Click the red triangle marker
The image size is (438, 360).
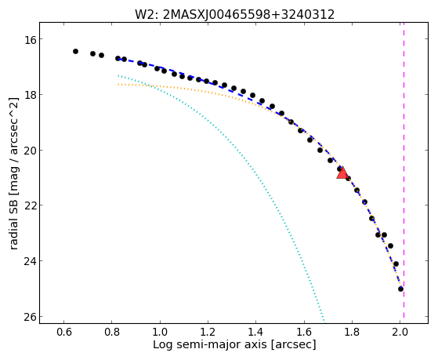click(x=342, y=173)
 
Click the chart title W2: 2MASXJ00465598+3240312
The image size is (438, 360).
click(x=234, y=14)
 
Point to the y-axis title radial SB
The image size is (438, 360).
click(x=14, y=173)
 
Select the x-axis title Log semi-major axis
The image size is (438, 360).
click(x=234, y=344)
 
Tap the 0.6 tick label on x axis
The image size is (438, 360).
click(x=64, y=332)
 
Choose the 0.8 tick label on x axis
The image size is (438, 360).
click(x=112, y=332)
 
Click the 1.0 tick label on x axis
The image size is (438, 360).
click(x=160, y=332)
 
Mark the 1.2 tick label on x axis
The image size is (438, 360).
click(x=208, y=332)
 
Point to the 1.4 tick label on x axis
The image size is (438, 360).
click(x=256, y=332)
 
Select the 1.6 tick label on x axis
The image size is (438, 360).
click(x=304, y=332)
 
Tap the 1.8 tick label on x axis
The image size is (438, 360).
click(x=353, y=332)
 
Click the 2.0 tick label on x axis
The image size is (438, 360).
click(x=400, y=332)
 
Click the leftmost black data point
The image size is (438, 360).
click(x=75, y=52)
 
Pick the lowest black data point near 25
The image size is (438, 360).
click(x=401, y=289)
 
